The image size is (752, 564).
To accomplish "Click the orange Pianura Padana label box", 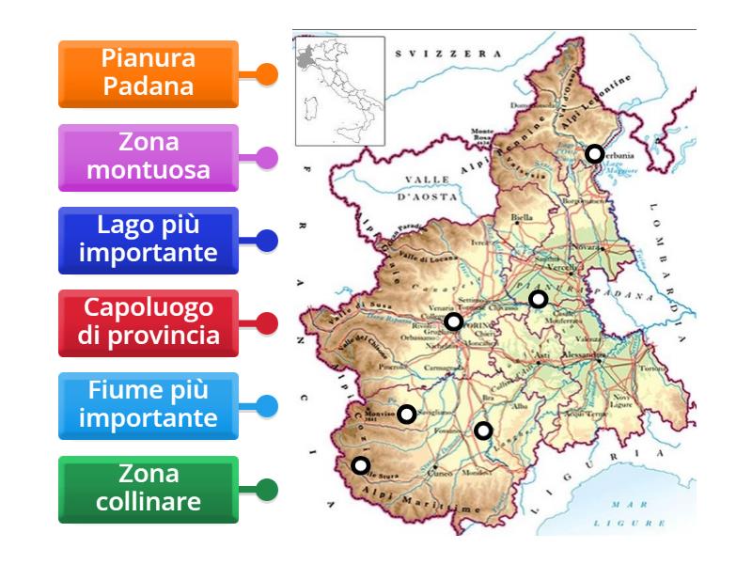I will point(149,73).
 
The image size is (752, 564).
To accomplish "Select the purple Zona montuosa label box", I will point(149,157).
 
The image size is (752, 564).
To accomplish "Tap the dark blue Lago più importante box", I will point(149,241).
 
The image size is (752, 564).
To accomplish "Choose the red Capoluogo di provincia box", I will point(149,323).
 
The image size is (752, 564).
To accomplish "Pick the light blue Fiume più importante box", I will point(149,406).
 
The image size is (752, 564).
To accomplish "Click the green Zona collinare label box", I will point(149,489).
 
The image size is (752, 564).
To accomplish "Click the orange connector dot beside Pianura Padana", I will point(267,74).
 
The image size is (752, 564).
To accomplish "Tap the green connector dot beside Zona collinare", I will point(267,490).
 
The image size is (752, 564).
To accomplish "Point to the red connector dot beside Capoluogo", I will point(267,324).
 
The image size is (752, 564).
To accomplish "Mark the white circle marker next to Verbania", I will point(594,153).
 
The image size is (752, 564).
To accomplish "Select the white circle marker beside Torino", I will point(453,321).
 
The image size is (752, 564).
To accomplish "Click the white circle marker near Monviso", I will point(406,414).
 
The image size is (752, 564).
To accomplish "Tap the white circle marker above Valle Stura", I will point(360,464).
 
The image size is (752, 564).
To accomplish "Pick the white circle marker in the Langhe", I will point(482,431).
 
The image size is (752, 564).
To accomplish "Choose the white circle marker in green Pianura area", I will point(538,299).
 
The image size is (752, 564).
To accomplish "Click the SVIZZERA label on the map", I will point(448,55).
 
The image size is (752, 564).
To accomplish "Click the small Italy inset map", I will point(339,91).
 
